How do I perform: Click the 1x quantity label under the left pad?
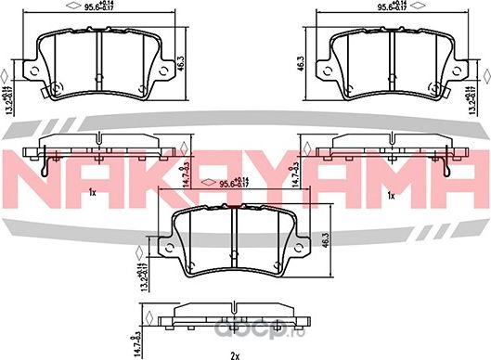pos(92,195)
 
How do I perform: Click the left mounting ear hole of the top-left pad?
pos(32,69)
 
